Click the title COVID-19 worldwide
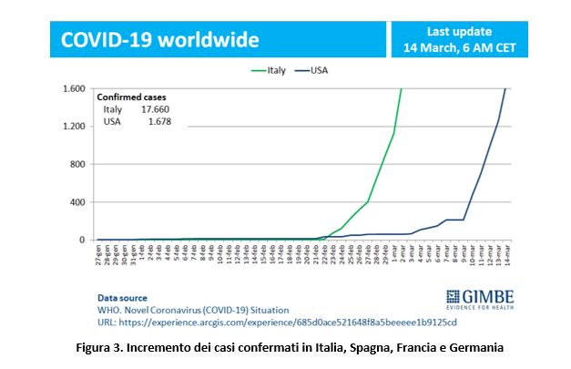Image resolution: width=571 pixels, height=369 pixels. (x=159, y=40)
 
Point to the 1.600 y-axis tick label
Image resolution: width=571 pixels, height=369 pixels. (x=74, y=89)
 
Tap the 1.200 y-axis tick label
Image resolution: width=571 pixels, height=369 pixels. (x=74, y=127)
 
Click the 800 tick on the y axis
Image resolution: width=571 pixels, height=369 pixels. (x=78, y=165)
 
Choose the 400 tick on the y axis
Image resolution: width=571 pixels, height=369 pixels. (x=78, y=202)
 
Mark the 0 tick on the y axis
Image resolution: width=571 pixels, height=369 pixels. (x=84, y=241)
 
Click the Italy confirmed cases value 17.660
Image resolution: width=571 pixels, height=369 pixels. (x=155, y=109)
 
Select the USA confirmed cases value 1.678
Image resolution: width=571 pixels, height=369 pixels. (x=158, y=121)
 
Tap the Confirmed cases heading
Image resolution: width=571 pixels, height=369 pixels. (x=133, y=97)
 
